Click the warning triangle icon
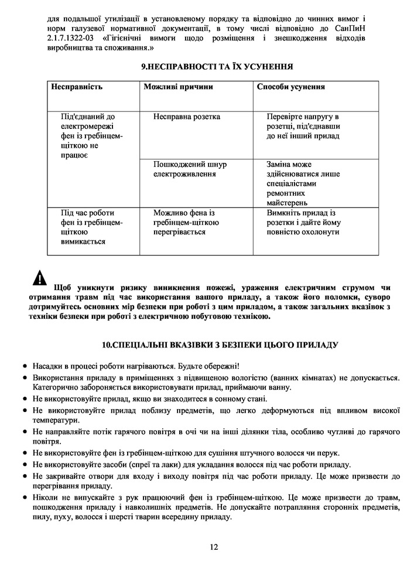coord(40,278)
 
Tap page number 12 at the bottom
coord(213,547)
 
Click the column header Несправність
coord(77,87)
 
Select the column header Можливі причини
coord(178,87)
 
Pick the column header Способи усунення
coord(291,87)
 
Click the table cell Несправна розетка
coord(187,117)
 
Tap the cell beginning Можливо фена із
coord(186,222)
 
